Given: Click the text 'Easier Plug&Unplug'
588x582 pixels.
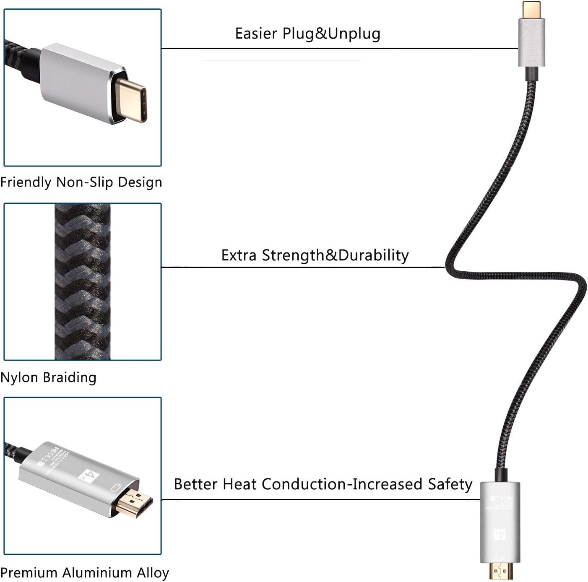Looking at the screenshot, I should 307,34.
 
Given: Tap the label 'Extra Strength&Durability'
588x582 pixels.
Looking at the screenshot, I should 315,255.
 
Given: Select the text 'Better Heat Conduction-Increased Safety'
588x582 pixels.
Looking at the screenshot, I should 323,484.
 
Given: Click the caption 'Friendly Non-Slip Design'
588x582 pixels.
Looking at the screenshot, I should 81,182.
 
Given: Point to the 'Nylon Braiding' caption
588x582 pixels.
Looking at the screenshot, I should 48,377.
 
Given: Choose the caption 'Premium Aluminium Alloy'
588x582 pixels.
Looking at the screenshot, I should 84,572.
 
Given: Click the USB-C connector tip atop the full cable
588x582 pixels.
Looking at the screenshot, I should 531,9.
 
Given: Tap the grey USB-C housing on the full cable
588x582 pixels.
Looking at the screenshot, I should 531,42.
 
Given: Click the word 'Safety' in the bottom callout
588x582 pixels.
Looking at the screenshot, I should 450,484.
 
